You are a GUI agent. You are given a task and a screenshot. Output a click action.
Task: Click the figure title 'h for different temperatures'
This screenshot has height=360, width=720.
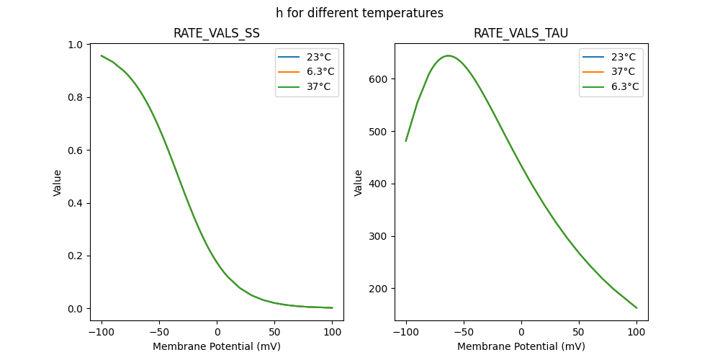click(359, 13)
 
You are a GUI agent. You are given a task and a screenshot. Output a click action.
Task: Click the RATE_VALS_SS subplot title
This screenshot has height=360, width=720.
click(217, 34)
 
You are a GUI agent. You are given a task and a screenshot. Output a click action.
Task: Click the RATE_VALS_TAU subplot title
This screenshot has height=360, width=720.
click(521, 34)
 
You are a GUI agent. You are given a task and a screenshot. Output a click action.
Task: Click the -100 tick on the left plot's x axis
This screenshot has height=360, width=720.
click(102, 332)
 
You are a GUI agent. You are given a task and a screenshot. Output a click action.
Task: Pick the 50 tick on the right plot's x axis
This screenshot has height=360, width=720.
click(579, 332)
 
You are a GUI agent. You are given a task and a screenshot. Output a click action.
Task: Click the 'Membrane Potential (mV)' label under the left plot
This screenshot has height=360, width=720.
click(217, 346)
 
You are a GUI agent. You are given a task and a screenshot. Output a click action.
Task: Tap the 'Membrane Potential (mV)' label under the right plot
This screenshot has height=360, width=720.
click(521, 346)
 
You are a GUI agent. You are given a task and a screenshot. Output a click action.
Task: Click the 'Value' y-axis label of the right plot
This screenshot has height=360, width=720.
click(358, 183)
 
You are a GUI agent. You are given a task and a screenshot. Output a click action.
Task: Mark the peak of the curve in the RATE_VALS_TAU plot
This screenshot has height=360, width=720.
click(448, 55)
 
